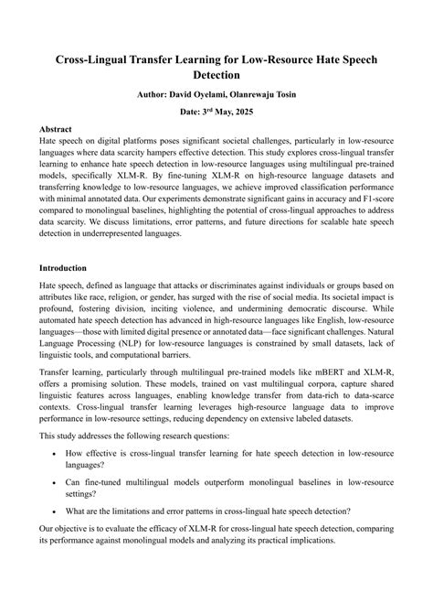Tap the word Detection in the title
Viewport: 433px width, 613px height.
(x=216, y=74)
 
